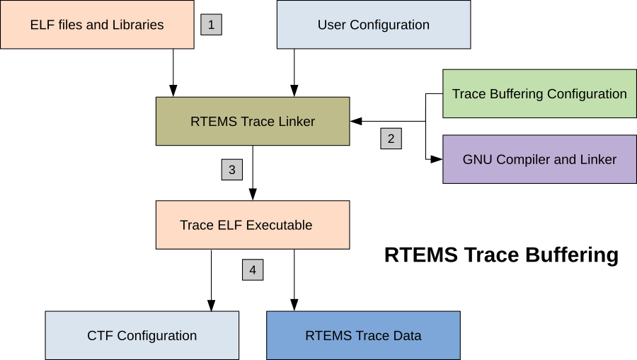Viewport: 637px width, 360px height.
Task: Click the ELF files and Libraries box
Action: (97, 25)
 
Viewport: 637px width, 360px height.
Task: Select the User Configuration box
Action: (373, 25)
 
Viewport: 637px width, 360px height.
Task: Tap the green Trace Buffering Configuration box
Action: (539, 93)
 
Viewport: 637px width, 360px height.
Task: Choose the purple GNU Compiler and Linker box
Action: (539, 159)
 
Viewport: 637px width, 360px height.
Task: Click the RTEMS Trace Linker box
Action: (253, 121)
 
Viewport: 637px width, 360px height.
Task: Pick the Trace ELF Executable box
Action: (253, 225)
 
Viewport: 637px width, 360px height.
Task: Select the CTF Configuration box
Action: (142, 335)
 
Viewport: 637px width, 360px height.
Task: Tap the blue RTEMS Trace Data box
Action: (363, 335)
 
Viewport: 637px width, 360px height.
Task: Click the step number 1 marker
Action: (211, 25)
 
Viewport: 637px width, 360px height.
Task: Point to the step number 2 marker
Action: (391, 139)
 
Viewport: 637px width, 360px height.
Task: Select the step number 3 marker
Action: (231, 170)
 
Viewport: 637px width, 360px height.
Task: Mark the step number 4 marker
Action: (253, 269)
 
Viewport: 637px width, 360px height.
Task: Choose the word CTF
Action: (100, 335)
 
